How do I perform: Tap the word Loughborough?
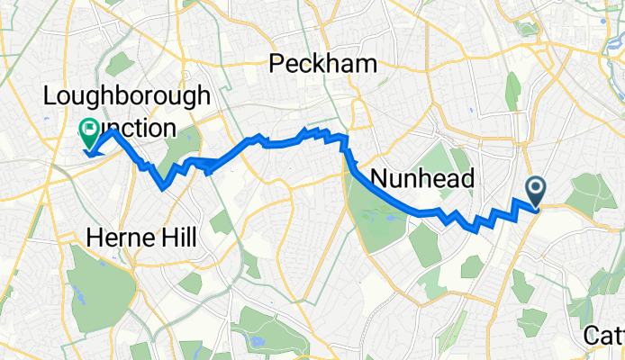tap(127, 96)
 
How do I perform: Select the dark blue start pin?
tap(536, 190)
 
